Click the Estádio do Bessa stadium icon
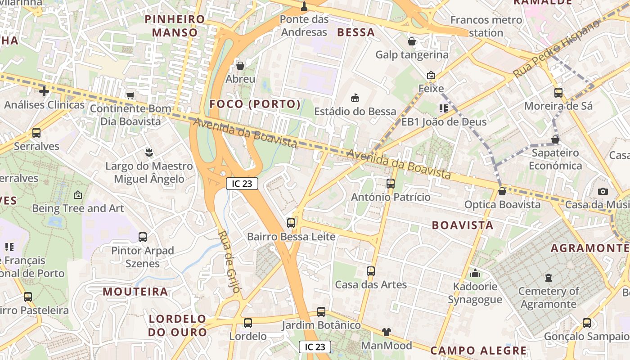click(x=355, y=98)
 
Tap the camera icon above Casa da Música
click(x=603, y=191)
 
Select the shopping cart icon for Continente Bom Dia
click(x=130, y=95)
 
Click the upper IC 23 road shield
click(x=242, y=183)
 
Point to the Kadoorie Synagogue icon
click(x=475, y=273)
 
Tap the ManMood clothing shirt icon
click(x=387, y=332)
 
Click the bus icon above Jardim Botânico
click(x=321, y=311)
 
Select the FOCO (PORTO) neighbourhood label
click(x=255, y=104)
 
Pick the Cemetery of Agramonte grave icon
click(x=548, y=278)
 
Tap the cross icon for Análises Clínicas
click(x=44, y=91)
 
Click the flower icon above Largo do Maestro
click(x=149, y=153)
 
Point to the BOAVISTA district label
click(x=463, y=225)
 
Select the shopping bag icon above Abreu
click(x=240, y=66)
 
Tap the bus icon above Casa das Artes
click(x=370, y=271)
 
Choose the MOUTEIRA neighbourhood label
click(x=135, y=291)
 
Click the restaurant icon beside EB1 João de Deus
click(x=443, y=108)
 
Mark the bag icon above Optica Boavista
click(x=502, y=191)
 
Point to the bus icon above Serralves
click(x=36, y=133)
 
